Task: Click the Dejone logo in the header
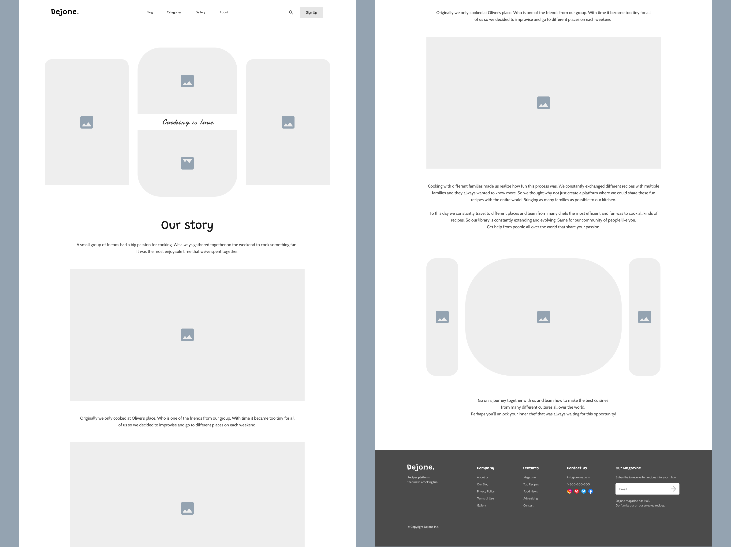[x=65, y=12]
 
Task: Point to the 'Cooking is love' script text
[x=188, y=122]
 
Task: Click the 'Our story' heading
[x=187, y=225]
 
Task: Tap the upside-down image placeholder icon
[x=187, y=163]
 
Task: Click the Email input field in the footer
[x=647, y=489]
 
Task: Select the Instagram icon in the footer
[x=569, y=492]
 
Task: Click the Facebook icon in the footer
[x=591, y=492]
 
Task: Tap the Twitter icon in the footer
[x=584, y=492]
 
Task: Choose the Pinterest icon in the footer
[x=577, y=492]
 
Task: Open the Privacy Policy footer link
[x=485, y=492]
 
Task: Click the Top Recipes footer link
[x=531, y=484]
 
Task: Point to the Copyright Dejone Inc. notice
[x=423, y=527]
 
